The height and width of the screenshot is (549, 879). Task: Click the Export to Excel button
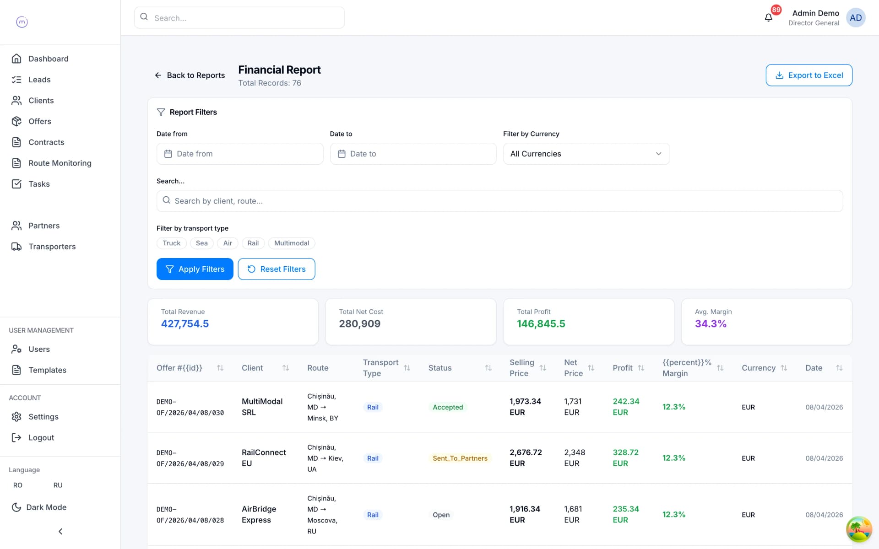click(809, 75)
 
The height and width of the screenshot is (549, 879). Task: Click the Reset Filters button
click(277, 269)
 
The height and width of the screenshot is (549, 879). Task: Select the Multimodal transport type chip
click(292, 243)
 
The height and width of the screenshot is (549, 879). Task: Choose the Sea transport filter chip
click(202, 243)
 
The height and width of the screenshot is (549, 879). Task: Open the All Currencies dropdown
click(586, 154)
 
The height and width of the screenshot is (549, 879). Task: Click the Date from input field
click(240, 154)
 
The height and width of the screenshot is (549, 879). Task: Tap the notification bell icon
click(769, 17)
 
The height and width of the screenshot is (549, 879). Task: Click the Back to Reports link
click(190, 75)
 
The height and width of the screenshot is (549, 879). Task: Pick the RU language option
click(58, 485)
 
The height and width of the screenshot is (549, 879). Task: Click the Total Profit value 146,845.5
click(541, 324)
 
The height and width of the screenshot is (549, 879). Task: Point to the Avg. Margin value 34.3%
click(711, 324)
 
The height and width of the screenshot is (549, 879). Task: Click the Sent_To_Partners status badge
click(460, 458)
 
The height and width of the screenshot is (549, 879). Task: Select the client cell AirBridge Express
click(259, 514)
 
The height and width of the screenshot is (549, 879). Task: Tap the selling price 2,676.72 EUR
click(526, 458)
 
